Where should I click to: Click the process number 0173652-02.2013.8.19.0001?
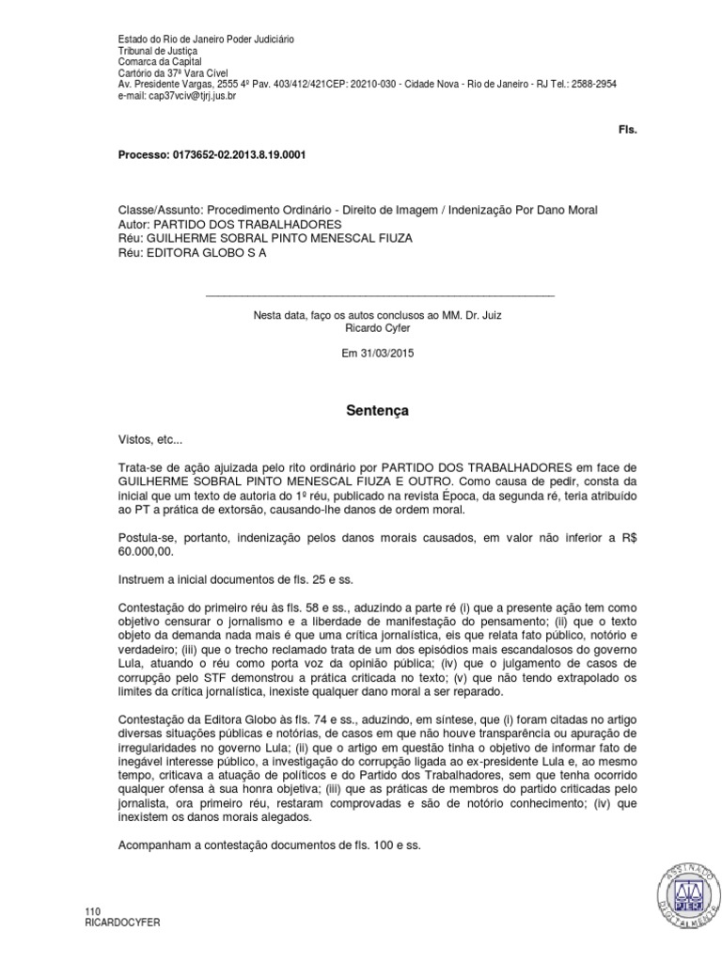point(245,154)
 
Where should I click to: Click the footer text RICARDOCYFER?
point(122,924)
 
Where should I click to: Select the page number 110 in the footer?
point(92,912)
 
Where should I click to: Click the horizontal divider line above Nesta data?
point(379,295)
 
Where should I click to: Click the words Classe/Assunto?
point(160,210)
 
